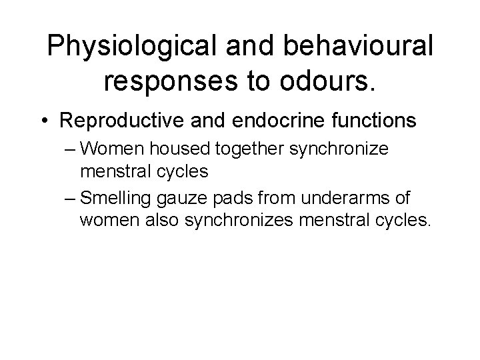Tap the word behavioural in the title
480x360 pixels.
(359, 47)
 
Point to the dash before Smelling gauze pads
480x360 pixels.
(69, 199)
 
